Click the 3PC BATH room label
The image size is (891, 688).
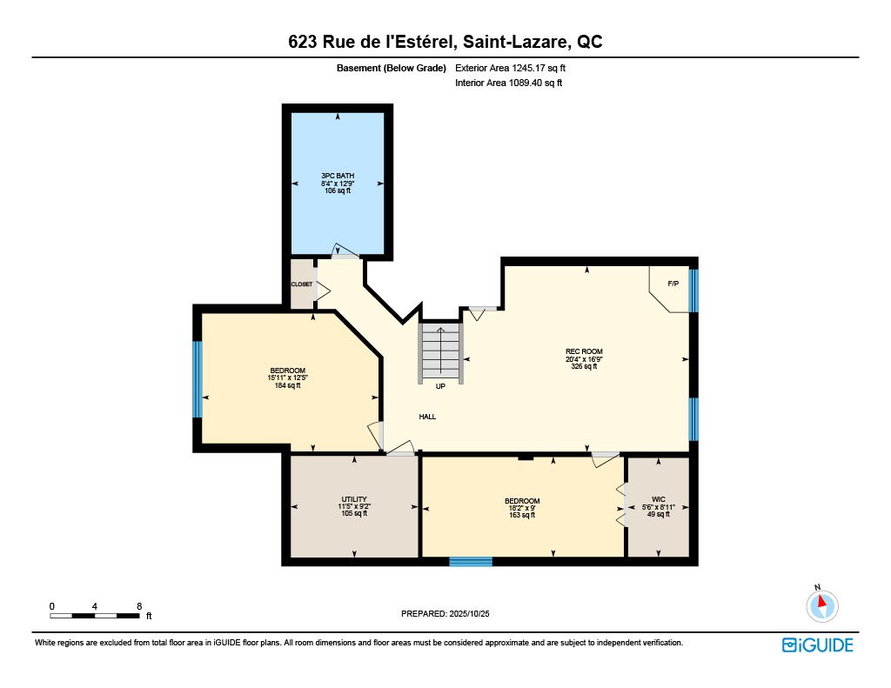[338, 176]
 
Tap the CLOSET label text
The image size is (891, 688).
[301, 284]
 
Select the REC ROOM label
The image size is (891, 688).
[583, 352]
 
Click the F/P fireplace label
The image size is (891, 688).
[673, 284]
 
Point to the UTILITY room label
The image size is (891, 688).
[354, 499]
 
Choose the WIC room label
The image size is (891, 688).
[659, 499]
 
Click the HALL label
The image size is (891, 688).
[427, 417]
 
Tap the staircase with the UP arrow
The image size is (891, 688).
[441, 352]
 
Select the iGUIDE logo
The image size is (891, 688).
[817, 645]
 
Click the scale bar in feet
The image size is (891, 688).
[95, 616]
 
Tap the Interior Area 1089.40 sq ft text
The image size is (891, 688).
[509, 83]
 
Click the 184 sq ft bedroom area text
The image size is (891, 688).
[287, 385]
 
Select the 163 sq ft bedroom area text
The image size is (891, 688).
[522, 515]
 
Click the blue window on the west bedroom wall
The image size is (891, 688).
[198, 379]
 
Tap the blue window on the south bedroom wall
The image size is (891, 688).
[471, 562]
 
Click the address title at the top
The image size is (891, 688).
[445, 42]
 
